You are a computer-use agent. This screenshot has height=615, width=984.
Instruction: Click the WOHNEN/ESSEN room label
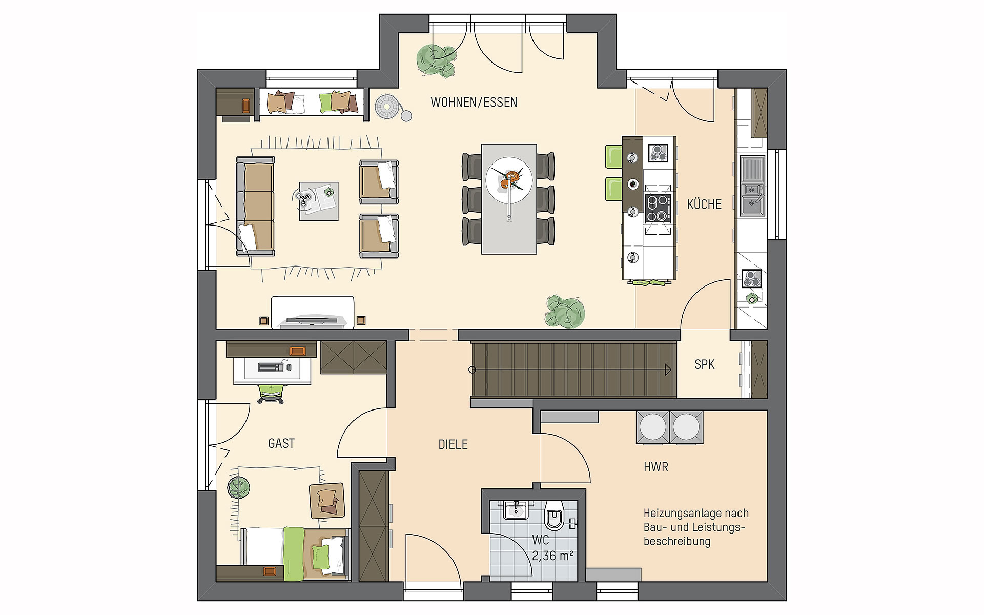[x=474, y=102]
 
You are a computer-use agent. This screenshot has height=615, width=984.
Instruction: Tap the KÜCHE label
[x=704, y=204]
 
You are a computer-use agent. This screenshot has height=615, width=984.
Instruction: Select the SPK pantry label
[x=704, y=364]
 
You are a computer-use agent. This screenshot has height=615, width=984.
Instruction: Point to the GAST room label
[x=281, y=443]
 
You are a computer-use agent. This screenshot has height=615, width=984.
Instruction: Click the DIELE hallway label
[x=453, y=444]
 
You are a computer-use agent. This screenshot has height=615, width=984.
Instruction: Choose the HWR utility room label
[x=656, y=467]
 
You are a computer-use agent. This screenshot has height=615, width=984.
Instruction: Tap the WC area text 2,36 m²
[x=552, y=556]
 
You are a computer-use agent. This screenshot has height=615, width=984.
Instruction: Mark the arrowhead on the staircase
[x=668, y=370]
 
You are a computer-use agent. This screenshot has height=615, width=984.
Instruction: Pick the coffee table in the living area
[x=319, y=201]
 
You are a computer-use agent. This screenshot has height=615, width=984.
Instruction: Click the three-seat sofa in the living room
[x=256, y=207]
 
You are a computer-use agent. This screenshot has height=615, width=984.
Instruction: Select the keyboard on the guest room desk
[x=270, y=367]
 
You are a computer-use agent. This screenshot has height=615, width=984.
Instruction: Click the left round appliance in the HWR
[x=652, y=426]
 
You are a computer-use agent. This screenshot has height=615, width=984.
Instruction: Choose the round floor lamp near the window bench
[x=387, y=108]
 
